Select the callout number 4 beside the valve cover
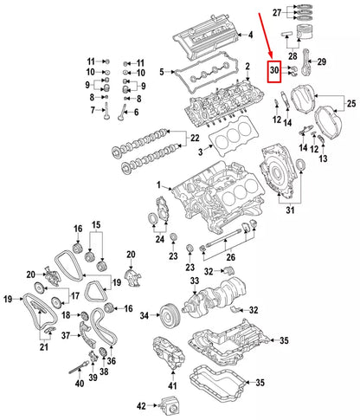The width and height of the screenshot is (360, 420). pos(250,36)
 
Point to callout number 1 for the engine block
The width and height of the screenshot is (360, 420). pos(159,186)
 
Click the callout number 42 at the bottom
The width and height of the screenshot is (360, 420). pos(141,404)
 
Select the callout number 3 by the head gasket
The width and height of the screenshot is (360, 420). pos(201,152)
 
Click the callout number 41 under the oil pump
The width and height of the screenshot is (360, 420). pos(172,384)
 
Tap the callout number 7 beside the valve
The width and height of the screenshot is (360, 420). pos(93,111)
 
